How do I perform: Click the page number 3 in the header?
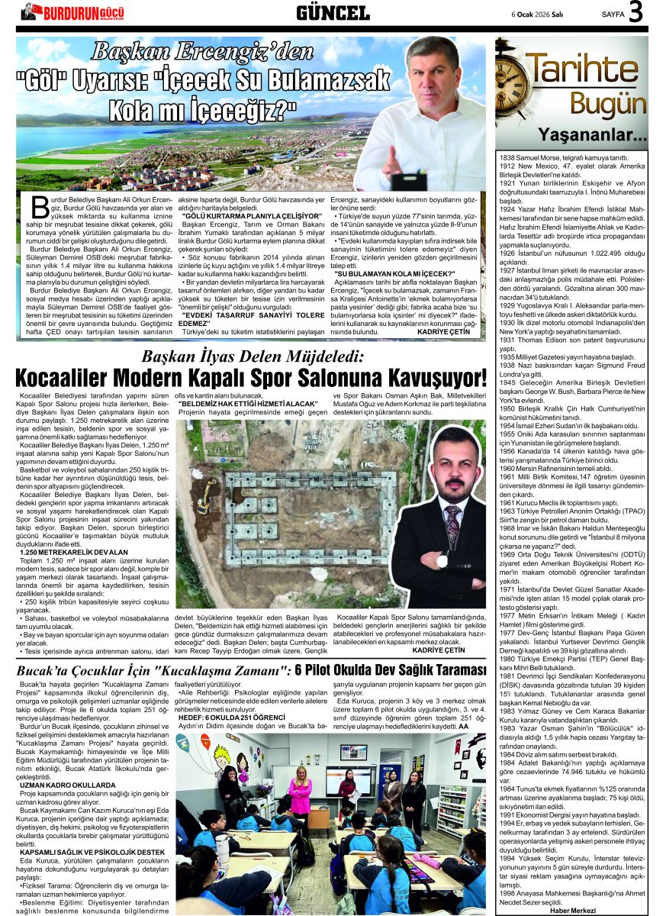[x=636, y=12]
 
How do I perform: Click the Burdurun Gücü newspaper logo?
[x=73, y=12]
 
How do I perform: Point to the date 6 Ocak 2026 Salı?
[x=536, y=14]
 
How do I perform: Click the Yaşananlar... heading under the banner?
[x=603, y=137]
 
